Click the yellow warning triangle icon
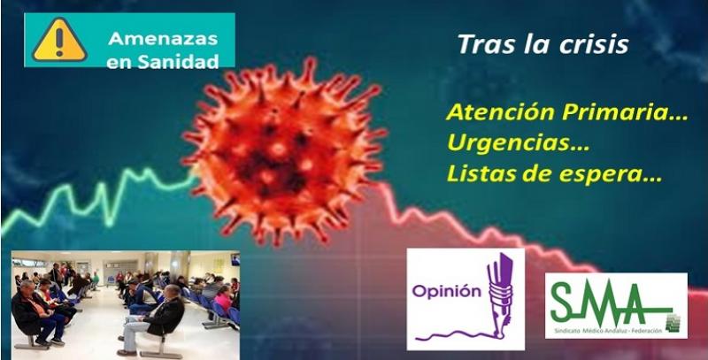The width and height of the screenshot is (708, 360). click(x=59, y=40)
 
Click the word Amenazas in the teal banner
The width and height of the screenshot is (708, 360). click(x=163, y=38)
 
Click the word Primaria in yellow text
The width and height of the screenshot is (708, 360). click(x=625, y=112)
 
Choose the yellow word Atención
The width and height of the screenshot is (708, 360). click(x=501, y=111)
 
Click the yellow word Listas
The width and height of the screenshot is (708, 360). click(x=481, y=174)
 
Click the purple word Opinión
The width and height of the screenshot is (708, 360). click(x=440, y=291)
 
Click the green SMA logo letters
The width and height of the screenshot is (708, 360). click(x=611, y=303)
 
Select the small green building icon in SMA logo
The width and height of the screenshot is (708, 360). click(x=673, y=323)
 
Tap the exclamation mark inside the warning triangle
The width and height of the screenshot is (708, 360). click(x=59, y=42)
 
